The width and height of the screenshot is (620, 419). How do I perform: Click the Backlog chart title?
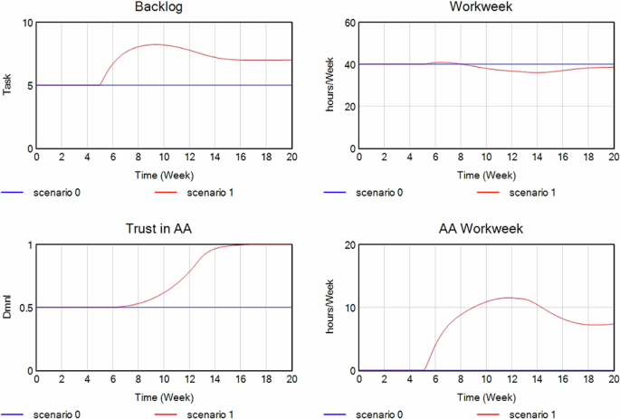(x=164, y=7)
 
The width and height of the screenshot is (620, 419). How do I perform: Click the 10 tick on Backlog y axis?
(x=26, y=23)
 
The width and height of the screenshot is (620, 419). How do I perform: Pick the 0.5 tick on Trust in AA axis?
(x=24, y=308)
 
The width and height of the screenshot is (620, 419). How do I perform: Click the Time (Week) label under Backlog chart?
(x=164, y=175)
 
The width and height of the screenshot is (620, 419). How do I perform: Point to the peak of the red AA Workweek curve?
(x=509, y=298)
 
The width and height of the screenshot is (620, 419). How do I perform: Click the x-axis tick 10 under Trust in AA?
(x=164, y=382)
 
